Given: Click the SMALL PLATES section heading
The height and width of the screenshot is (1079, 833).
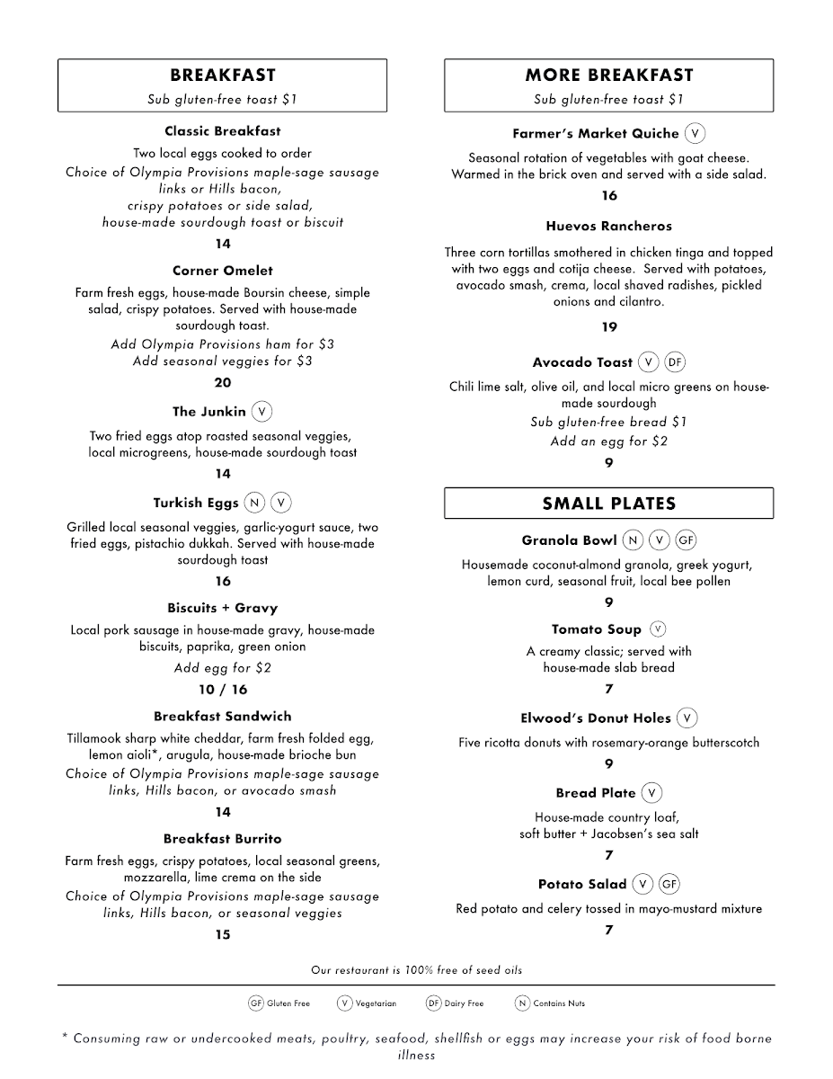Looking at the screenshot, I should click(608, 504).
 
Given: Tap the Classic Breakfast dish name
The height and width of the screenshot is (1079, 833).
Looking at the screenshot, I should click(223, 131).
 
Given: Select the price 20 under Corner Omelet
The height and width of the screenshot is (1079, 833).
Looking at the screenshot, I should click(223, 383).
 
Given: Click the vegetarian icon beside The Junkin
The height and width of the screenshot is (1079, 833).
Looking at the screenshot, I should click(261, 412).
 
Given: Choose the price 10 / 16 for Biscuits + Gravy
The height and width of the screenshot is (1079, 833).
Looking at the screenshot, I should click(223, 690).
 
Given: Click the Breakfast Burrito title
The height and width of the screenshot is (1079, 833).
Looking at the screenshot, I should click(223, 839).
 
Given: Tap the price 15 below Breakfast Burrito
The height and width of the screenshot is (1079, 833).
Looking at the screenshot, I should click(223, 935).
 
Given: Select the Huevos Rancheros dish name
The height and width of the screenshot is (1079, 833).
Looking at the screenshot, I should click(608, 227).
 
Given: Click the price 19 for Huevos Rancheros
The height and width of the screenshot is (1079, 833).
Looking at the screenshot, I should click(609, 327).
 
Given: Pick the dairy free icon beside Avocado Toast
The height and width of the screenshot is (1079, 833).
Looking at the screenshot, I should click(675, 362).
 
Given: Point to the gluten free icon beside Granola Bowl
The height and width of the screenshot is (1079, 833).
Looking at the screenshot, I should click(687, 540).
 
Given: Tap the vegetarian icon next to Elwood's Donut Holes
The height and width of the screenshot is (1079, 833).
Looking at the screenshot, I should click(687, 718).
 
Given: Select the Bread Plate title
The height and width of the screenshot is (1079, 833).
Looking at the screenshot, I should click(596, 793).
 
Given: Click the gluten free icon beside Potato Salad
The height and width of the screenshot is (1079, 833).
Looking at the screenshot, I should click(669, 885).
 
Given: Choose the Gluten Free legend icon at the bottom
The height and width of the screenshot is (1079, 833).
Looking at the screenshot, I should click(255, 1003).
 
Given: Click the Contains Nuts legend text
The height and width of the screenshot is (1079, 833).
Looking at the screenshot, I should click(559, 1003).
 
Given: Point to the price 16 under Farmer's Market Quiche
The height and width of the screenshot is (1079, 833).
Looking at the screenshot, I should click(609, 196).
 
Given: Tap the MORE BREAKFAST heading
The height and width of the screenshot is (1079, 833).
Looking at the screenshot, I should click(608, 76).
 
